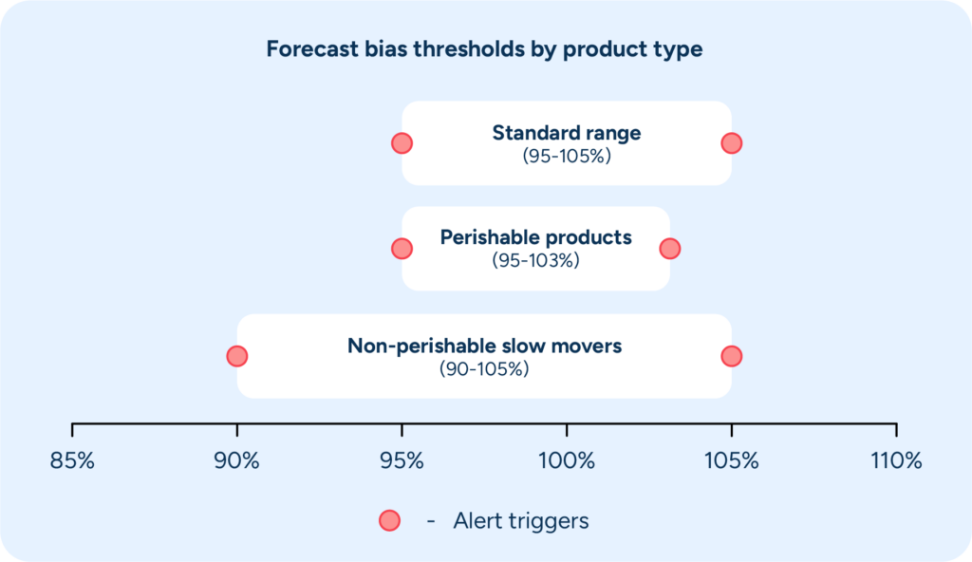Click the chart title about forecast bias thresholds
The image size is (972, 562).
coord(484,49)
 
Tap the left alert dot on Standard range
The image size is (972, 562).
coord(402,143)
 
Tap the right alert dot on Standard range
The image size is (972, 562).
coord(731,143)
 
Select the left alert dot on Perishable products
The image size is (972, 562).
coord(402,249)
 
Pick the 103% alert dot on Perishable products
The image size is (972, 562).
coord(670,249)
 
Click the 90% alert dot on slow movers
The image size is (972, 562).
coord(237,356)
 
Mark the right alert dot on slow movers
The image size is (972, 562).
coord(731,356)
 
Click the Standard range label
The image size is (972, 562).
coord(566,133)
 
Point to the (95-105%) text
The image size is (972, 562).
coord(566,156)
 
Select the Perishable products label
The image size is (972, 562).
coord(535,237)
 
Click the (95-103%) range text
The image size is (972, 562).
coord(535,260)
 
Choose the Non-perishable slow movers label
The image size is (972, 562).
coord(484,346)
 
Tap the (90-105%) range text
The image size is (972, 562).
coord(484,368)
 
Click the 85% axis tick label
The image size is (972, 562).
coord(72,461)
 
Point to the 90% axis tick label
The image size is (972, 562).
coord(237,461)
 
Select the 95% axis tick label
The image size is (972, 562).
coord(402,461)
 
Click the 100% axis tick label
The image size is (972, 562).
coord(567,461)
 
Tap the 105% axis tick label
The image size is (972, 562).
coord(731,461)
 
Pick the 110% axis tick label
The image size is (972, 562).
coord(896,461)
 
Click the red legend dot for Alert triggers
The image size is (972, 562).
coord(389,520)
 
